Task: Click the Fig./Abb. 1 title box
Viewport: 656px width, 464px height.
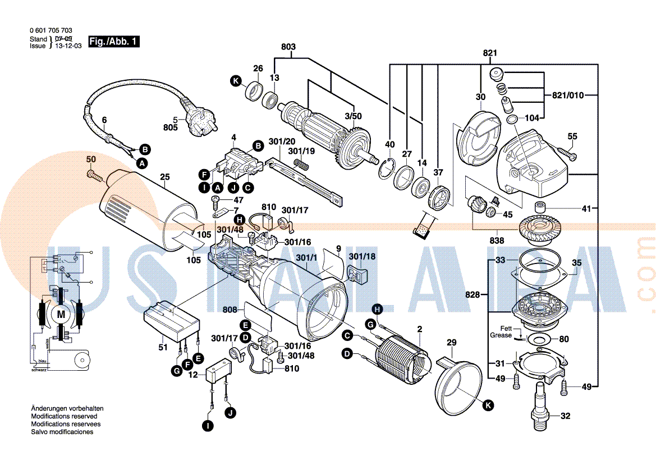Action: pyautogui.click(x=114, y=42)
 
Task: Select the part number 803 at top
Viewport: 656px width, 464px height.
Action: pyautogui.click(x=288, y=47)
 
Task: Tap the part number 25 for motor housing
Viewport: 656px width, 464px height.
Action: pyautogui.click(x=164, y=177)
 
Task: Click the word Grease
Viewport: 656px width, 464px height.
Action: pyautogui.click(x=501, y=335)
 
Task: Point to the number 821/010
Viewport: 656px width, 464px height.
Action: pyautogui.click(x=568, y=95)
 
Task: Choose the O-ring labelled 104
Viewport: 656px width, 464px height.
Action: pyautogui.click(x=512, y=120)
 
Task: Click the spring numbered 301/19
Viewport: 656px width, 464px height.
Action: pyautogui.click(x=302, y=166)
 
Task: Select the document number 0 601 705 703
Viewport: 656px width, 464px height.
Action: pyautogui.click(x=50, y=31)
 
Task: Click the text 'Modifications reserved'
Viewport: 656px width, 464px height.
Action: pyautogui.click(x=64, y=416)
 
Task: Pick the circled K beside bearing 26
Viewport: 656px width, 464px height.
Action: pyautogui.click(x=237, y=81)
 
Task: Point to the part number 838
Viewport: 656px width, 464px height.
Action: pyautogui.click(x=497, y=240)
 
